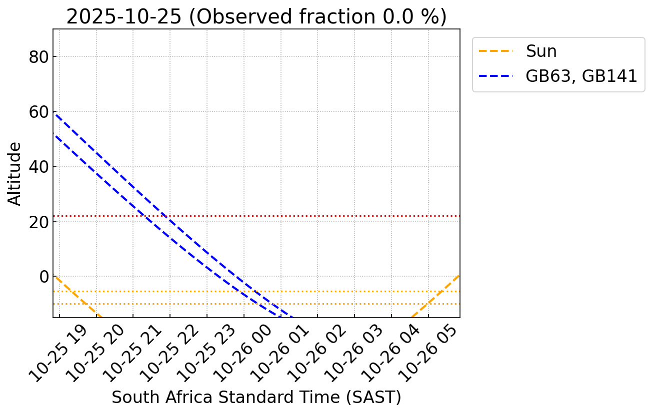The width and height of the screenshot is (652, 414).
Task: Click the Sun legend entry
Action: [x=541, y=51]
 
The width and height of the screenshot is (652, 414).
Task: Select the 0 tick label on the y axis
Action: [x=44, y=276]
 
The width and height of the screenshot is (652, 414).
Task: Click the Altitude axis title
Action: [x=15, y=173]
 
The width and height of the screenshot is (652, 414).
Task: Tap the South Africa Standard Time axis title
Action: [x=256, y=398]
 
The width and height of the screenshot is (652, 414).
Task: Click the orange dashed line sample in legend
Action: [x=495, y=51]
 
